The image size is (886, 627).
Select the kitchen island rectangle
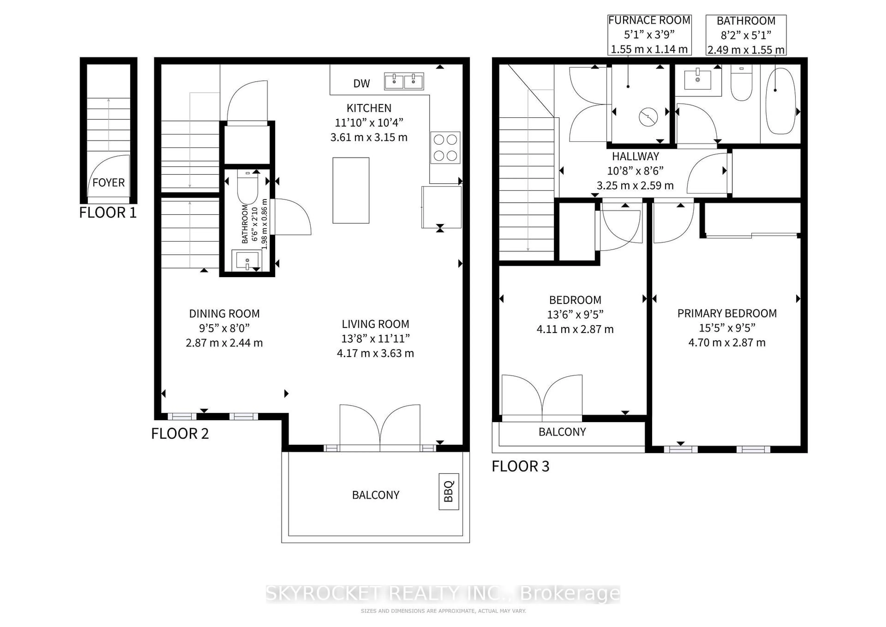tap(351, 190)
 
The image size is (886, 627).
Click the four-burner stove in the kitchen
tap(445, 148)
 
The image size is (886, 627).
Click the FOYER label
tap(108, 183)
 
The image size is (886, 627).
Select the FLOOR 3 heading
tap(520, 466)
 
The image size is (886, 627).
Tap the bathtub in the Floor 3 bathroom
tap(780, 101)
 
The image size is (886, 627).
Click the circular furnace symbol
tap(648, 117)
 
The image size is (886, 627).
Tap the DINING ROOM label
tap(224, 313)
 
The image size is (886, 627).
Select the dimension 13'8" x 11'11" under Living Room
tap(375, 339)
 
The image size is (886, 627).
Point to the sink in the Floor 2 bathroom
tap(246, 260)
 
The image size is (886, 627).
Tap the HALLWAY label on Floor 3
tap(636, 156)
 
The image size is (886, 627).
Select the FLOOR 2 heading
tap(180, 434)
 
